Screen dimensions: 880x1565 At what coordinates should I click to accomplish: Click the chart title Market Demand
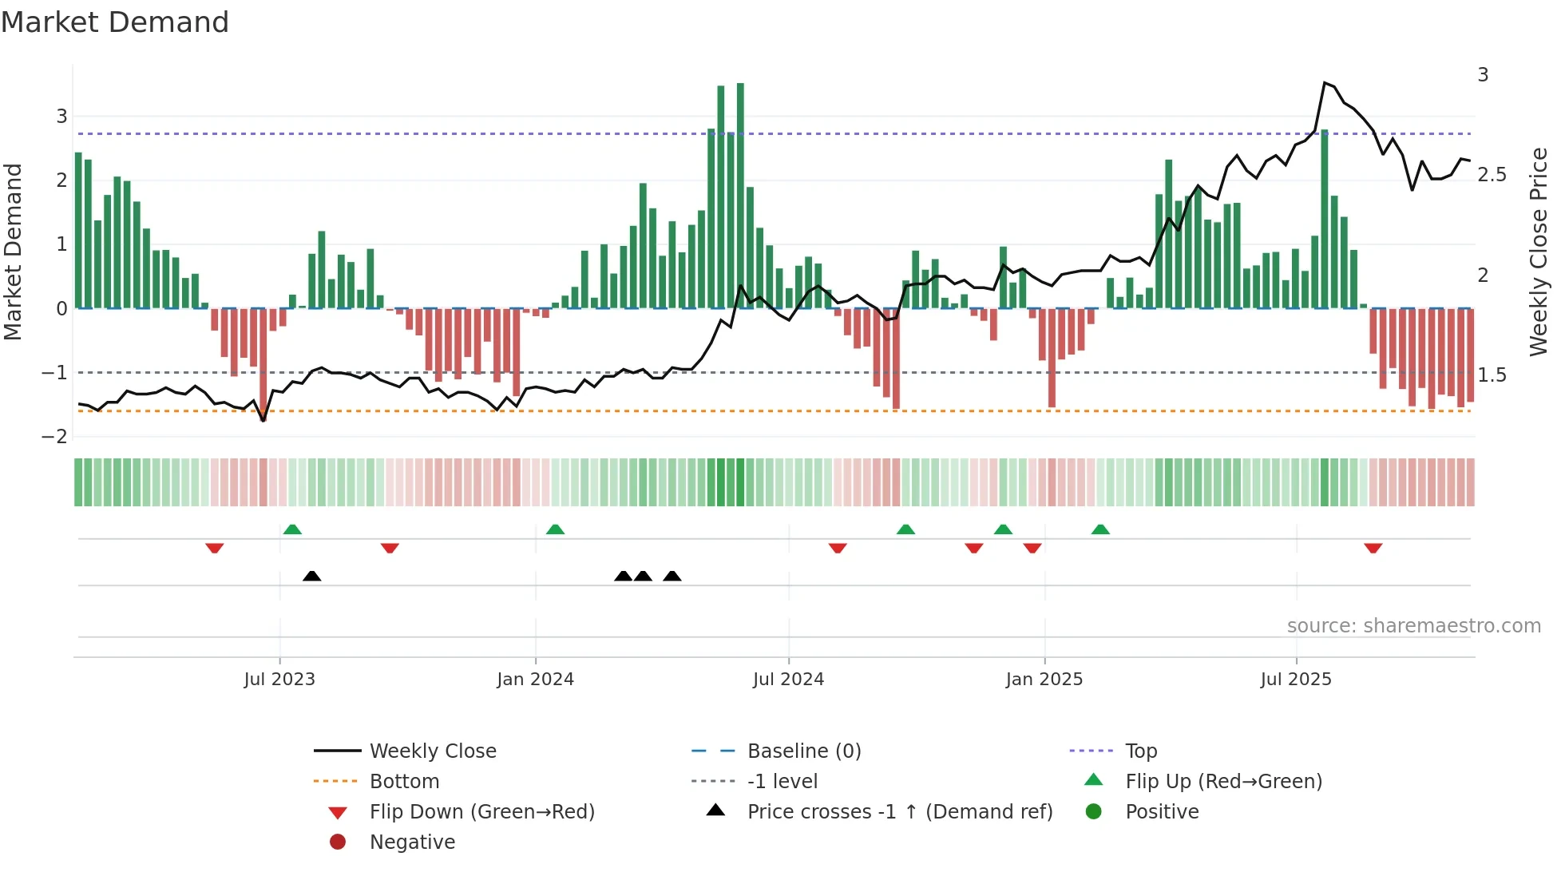point(115,22)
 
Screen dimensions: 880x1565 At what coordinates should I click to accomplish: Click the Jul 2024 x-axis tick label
point(787,680)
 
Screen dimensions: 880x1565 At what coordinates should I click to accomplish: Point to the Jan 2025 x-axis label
point(1044,680)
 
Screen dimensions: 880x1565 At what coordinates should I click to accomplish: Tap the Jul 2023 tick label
point(279,680)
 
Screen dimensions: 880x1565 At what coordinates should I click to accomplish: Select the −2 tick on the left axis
point(54,437)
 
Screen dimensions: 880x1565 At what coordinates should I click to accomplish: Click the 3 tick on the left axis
point(61,117)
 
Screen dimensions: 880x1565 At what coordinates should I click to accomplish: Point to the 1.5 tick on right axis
point(1491,375)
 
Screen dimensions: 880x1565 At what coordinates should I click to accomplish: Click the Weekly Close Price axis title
point(1538,252)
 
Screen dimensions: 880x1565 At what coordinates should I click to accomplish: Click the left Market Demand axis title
point(13,252)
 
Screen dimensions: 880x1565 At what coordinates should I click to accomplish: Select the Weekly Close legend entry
point(432,751)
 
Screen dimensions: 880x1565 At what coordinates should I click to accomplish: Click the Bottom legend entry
point(404,782)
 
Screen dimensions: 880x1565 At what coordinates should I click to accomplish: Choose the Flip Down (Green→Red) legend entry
point(481,812)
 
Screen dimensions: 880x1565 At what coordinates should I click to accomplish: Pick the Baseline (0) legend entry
point(803,751)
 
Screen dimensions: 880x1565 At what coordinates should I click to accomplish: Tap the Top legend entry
point(1140,751)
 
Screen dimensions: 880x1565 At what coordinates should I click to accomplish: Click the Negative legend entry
point(412,842)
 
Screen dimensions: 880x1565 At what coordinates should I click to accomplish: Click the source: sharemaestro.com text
point(1413,626)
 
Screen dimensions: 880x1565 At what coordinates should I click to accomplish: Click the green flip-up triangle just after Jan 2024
point(555,529)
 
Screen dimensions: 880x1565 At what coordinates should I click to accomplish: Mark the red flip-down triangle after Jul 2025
point(1373,548)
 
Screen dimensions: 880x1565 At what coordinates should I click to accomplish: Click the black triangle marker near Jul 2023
point(312,576)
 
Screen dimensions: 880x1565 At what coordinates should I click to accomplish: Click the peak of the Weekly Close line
point(1325,83)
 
